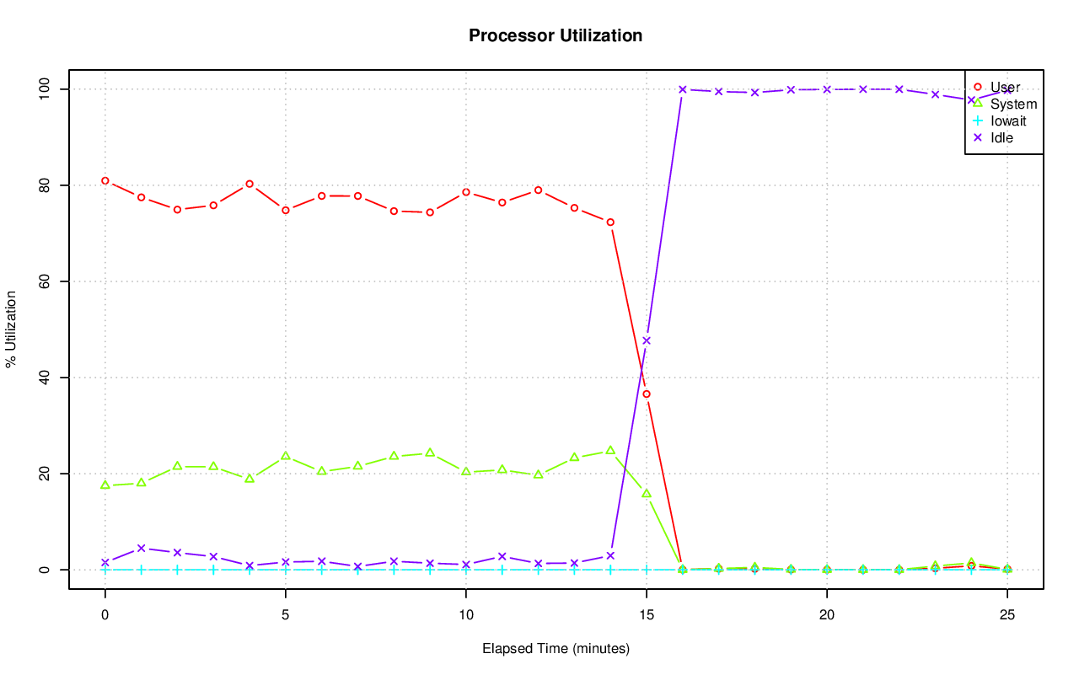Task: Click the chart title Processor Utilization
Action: (556, 35)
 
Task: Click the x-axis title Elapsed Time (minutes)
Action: (556, 649)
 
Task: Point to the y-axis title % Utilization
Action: (11, 329)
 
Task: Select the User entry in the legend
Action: (1005, 87)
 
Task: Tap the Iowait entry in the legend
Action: (1008, 121)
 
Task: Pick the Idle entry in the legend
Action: (1001, 137)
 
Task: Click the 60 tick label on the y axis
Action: (43, 281)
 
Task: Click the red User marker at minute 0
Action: (105, 180)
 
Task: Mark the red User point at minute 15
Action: (647, 394)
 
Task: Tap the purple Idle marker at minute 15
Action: (647, 340)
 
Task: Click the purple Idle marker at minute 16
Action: (683, 89)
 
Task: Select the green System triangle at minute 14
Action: (610, 451)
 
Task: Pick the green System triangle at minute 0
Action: (105, 485)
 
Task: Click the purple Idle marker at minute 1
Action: (142, 548)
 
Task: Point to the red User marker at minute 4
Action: (250, 184)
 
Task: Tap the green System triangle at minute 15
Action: (647, 493)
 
